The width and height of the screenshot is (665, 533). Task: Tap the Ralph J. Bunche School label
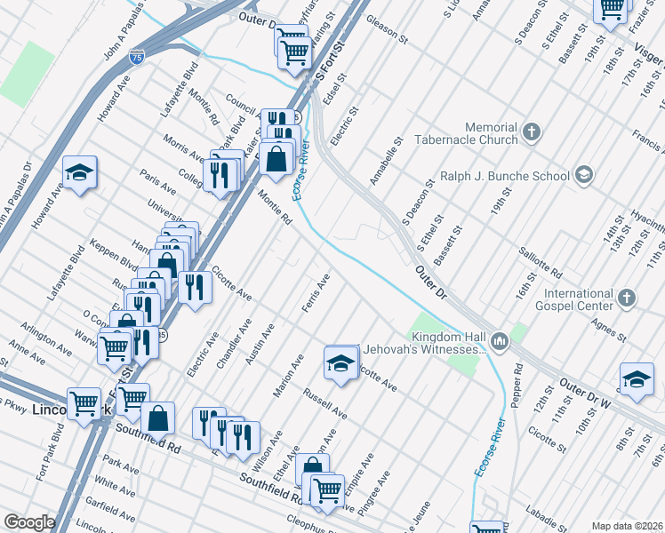[x=513, y=176]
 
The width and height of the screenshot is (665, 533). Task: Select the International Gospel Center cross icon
[x=627, y=298]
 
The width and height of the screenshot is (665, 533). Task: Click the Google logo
[x=29, y=522]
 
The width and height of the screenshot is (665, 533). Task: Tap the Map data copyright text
[x=627, y=526]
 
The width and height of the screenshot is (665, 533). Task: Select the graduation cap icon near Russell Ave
[x=340, y=362]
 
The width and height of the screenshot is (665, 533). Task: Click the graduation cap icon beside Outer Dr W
[x=637, y=378]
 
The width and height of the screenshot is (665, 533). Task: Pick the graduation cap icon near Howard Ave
[x=80, y=172]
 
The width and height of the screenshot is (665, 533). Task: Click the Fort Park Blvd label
[x=49, y=454]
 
